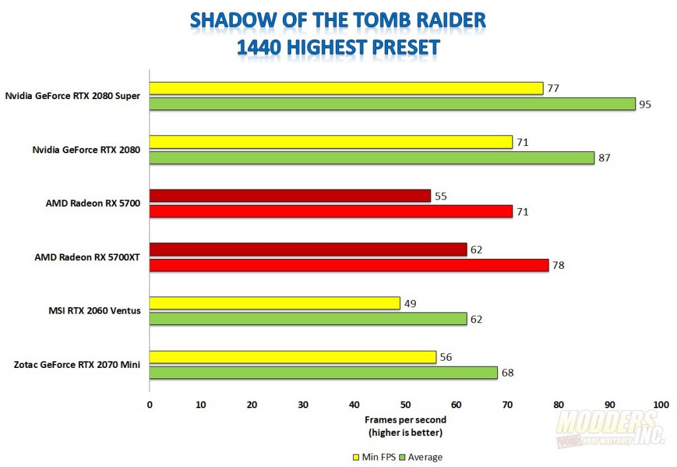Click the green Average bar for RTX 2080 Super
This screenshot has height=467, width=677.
[x=392, y=104]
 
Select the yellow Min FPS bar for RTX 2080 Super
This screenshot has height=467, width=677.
[x=346, y=89]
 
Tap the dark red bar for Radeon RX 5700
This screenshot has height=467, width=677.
[x=290, y=196]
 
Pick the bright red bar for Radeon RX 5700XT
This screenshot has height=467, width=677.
[x=348, y=265]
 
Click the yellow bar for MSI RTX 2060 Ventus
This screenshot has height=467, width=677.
[x=274, y=303]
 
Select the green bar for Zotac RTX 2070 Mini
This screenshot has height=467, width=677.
[x=323, y=373]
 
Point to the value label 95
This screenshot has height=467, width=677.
[x=645, y=104]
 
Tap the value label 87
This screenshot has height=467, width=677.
[x=604, y=158]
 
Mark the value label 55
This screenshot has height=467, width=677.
[x=440, y=196]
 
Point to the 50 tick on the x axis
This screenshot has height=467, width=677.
[x=405, y=404]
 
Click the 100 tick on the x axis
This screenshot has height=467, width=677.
[x=660, y=404]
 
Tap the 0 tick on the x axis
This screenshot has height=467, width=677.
[x=149, y=404]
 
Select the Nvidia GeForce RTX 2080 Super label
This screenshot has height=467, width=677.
[x=73, y=96]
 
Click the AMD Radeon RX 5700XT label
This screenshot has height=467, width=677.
[x=87, y=257]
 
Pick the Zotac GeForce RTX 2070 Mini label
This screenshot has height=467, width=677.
[x=77, y=365]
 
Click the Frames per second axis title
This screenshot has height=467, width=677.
[x=405, y=419]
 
